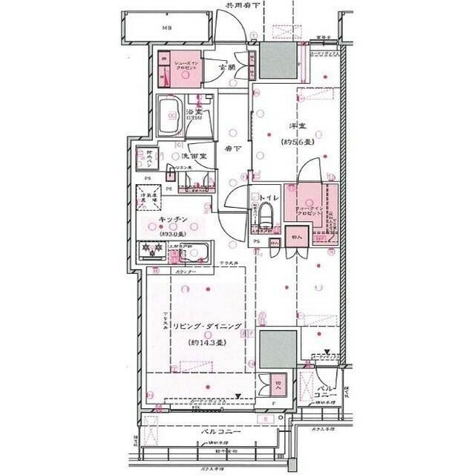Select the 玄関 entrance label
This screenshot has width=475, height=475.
227,68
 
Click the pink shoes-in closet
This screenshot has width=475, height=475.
177,65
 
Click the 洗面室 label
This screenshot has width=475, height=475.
194,157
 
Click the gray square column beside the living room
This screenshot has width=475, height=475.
278,347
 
